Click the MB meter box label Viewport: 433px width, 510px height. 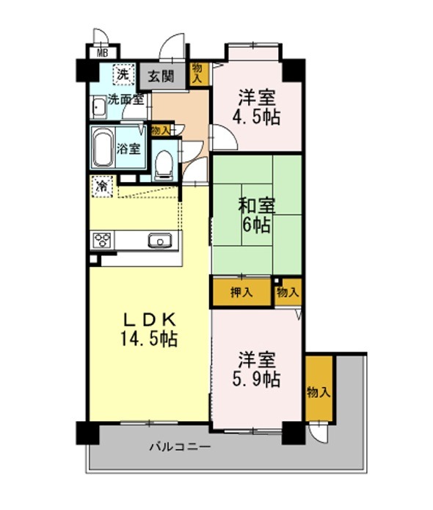(x=103, y=53)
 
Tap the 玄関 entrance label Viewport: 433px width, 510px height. (x=161, y=76)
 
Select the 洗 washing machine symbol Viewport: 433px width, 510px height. (x=123, y=75)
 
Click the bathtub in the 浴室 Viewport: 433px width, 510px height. (x=103, y=147)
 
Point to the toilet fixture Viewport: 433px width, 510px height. (x=163, y=165)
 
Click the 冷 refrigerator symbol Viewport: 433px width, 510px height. (x=102, y=186)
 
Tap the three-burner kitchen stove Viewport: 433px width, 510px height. (x=102, y=241)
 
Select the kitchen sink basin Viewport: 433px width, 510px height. (x=160, y=241)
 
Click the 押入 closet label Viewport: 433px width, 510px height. (x=241, y=292)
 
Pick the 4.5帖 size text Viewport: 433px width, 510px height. (x=256, y=117)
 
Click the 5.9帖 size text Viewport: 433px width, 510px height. (x=256, y=379)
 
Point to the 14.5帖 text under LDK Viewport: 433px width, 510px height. (x=149, y=338)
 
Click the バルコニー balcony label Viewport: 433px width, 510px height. (x=180, y=446)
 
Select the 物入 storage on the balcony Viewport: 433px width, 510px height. (x=319, y=388)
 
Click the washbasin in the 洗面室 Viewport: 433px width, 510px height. (x=98, y=106)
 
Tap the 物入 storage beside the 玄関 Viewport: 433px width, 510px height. (x=198, y=73)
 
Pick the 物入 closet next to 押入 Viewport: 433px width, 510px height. (x=288, y=292)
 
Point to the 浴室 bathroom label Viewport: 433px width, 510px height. (x=129, y=149)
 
